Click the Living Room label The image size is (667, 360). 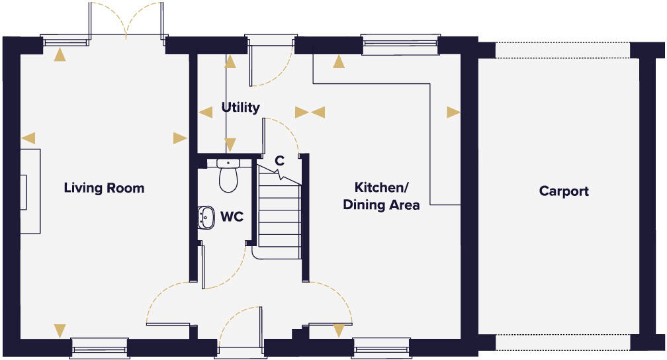click(104, 188)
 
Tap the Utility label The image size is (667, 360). click(240, 107)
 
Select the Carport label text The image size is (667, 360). click(564, 191)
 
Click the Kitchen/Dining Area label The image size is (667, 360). click(381, 196)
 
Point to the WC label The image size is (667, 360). click(231, 216)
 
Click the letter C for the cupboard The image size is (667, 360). click(279, 160)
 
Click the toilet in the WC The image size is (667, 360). click(228, 177)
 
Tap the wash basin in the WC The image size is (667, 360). click(206, 216)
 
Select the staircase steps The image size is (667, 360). click(279, 215)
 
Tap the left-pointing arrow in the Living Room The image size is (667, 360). click(28, 138)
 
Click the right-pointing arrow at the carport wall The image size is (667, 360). click(453, 112)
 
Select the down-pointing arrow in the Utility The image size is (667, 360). click(230, 144)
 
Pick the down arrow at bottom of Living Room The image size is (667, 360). click(60, 330)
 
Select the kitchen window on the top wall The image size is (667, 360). click(400, 44)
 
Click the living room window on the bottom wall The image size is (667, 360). click(99, 347)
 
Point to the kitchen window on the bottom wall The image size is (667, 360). click(381, 347)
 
